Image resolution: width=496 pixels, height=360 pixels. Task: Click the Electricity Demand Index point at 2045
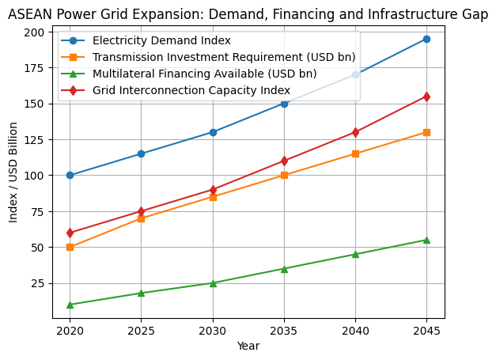[x=426, y=39]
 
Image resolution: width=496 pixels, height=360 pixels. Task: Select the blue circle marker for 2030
[x=213, y=132]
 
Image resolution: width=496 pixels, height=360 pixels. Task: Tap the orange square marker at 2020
[x=70, y=247]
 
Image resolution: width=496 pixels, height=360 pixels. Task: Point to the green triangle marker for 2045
[x=426, y=240]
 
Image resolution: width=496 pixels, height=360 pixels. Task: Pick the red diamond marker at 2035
[x=284, y=161]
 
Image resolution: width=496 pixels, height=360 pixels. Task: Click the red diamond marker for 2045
[x=426, y=97]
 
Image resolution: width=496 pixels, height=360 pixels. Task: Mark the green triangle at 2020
[x=70, y=305]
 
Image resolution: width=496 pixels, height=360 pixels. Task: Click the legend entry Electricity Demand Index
[x=161, y=40]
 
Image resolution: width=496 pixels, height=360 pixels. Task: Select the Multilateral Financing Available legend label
[x=204, y=74]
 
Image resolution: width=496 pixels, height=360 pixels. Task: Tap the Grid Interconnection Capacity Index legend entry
[x=191, y=90]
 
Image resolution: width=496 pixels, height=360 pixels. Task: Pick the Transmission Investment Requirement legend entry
[x=224, y=57]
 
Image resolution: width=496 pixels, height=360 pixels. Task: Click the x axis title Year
[x=248, y=346]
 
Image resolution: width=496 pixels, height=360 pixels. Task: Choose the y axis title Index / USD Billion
[x=13, y=172]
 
